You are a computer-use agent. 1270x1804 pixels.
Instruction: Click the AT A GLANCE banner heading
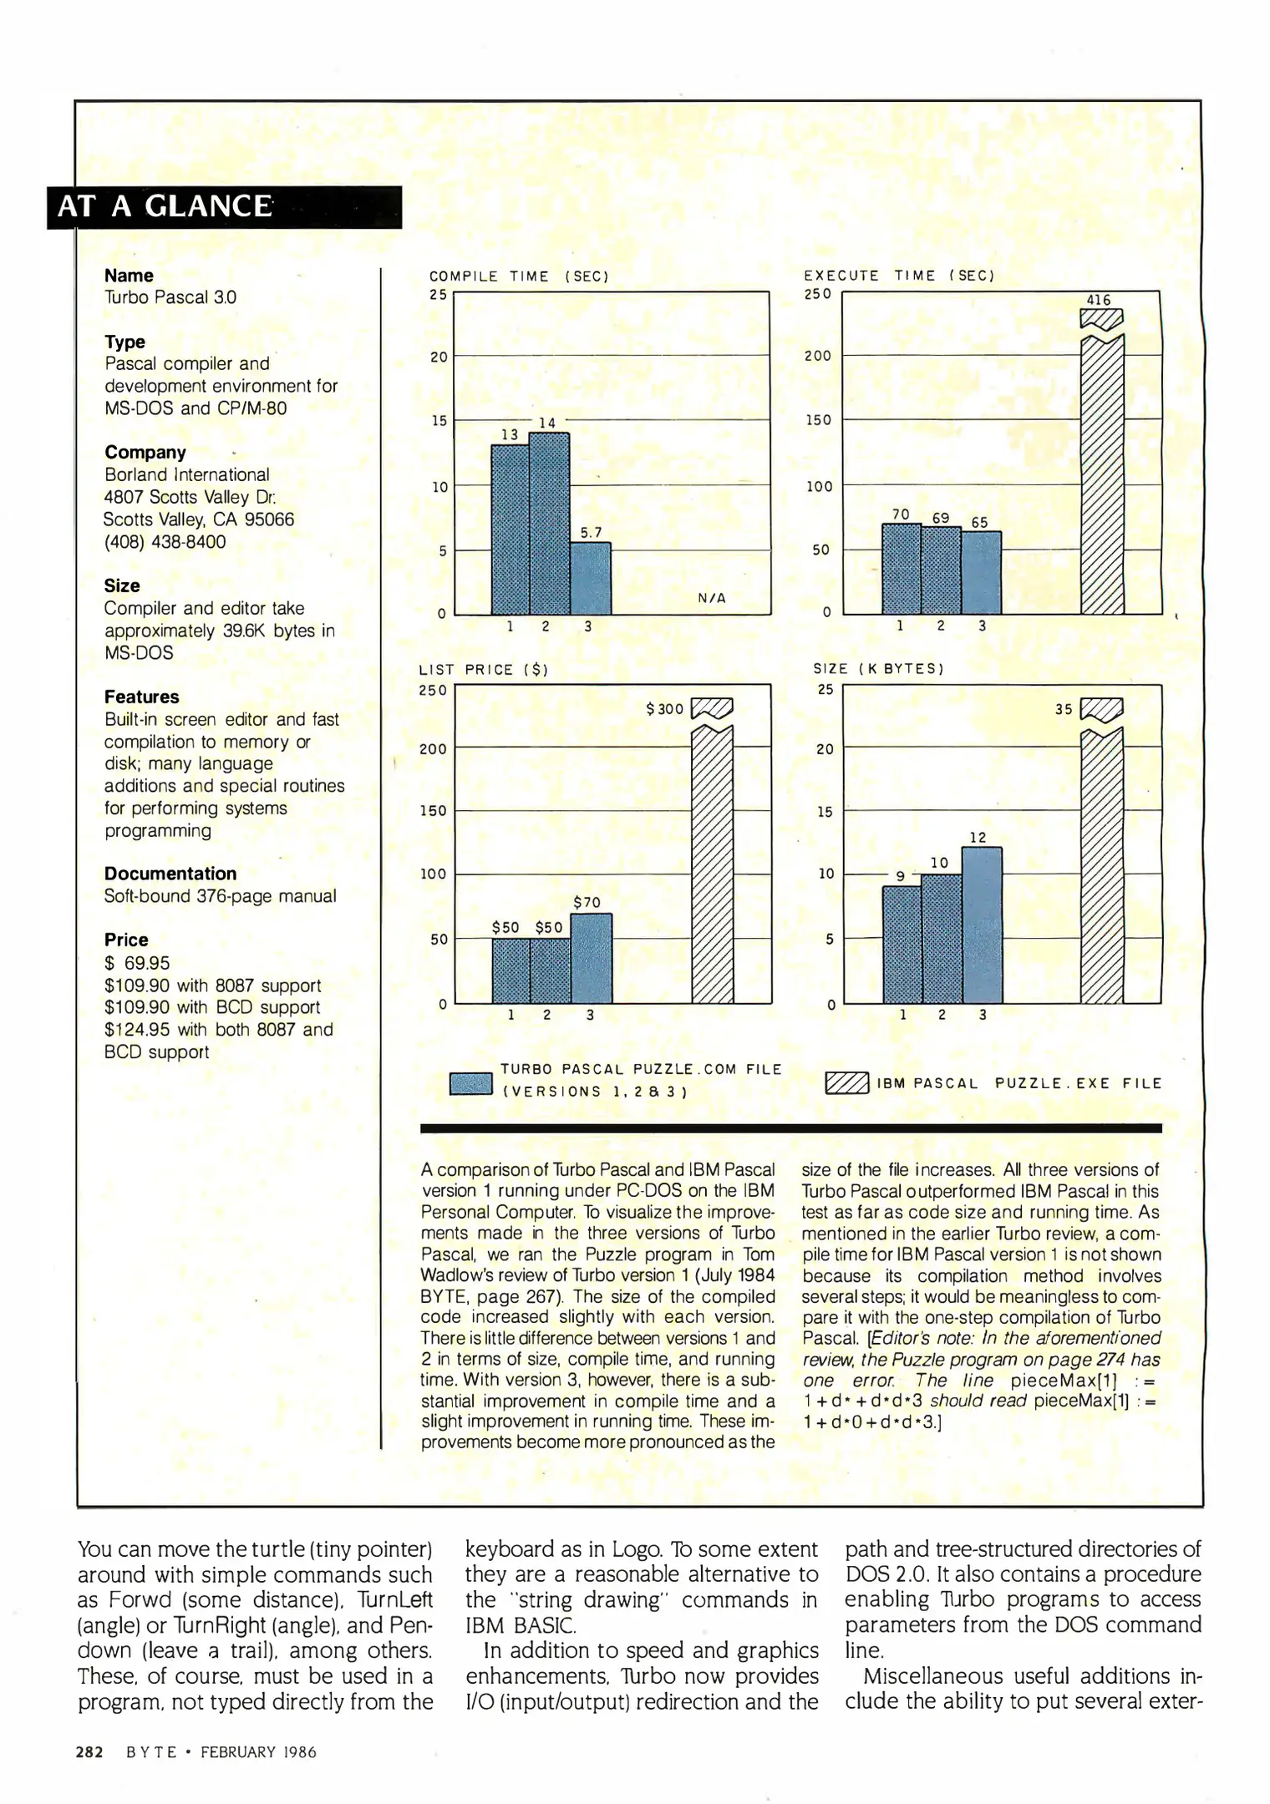tap(165, 206)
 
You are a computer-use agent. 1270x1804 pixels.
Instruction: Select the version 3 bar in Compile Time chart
tap(591, 578)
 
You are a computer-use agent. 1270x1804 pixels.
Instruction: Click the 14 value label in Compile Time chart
tap(547, 423)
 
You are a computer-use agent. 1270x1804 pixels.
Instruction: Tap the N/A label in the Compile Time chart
tap(711, 598)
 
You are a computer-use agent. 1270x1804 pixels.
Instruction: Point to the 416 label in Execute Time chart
tap(1099, 300)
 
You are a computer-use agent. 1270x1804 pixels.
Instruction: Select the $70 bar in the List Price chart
tap(592, 958)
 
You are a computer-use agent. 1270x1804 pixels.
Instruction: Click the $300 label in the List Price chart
tap(665, 709)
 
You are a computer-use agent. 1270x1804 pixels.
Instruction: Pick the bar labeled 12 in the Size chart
tap(982, 925)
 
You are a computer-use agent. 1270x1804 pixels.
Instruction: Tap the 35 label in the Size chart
tap(1063, 709)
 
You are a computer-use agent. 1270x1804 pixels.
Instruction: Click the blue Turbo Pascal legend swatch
tap(470, 1083)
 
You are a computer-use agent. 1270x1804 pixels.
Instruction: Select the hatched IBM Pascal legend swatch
tap(846, 1083)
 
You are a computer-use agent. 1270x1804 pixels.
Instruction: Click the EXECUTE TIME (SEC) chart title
tap(899, 276)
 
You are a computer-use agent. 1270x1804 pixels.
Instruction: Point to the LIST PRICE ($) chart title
tap(483, 670)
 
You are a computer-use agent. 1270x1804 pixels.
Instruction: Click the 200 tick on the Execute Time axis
tap(818, 356)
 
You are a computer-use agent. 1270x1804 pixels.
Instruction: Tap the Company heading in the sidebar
tap(145, 453)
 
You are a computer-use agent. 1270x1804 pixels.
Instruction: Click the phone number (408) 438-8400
tap(165, 542)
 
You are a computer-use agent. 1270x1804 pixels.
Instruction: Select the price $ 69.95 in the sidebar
tap(137, 963)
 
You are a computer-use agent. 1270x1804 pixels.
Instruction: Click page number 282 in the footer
tap(89, 1752)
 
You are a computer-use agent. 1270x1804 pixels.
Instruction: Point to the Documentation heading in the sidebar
tap(170, 874)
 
